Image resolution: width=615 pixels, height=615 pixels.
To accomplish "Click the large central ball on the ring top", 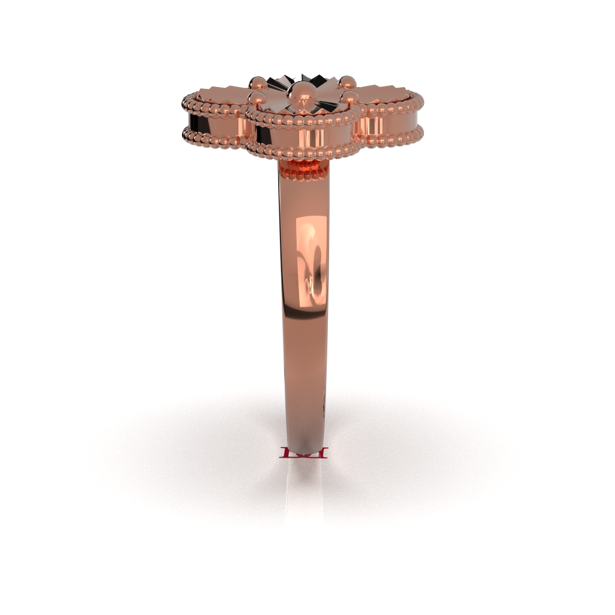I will pos(302,92).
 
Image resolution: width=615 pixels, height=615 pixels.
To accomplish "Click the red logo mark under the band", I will pos(304,453).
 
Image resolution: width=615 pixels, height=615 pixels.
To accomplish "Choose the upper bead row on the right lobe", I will pos(390,109).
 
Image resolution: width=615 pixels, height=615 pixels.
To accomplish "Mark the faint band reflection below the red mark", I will pos(304,492).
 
